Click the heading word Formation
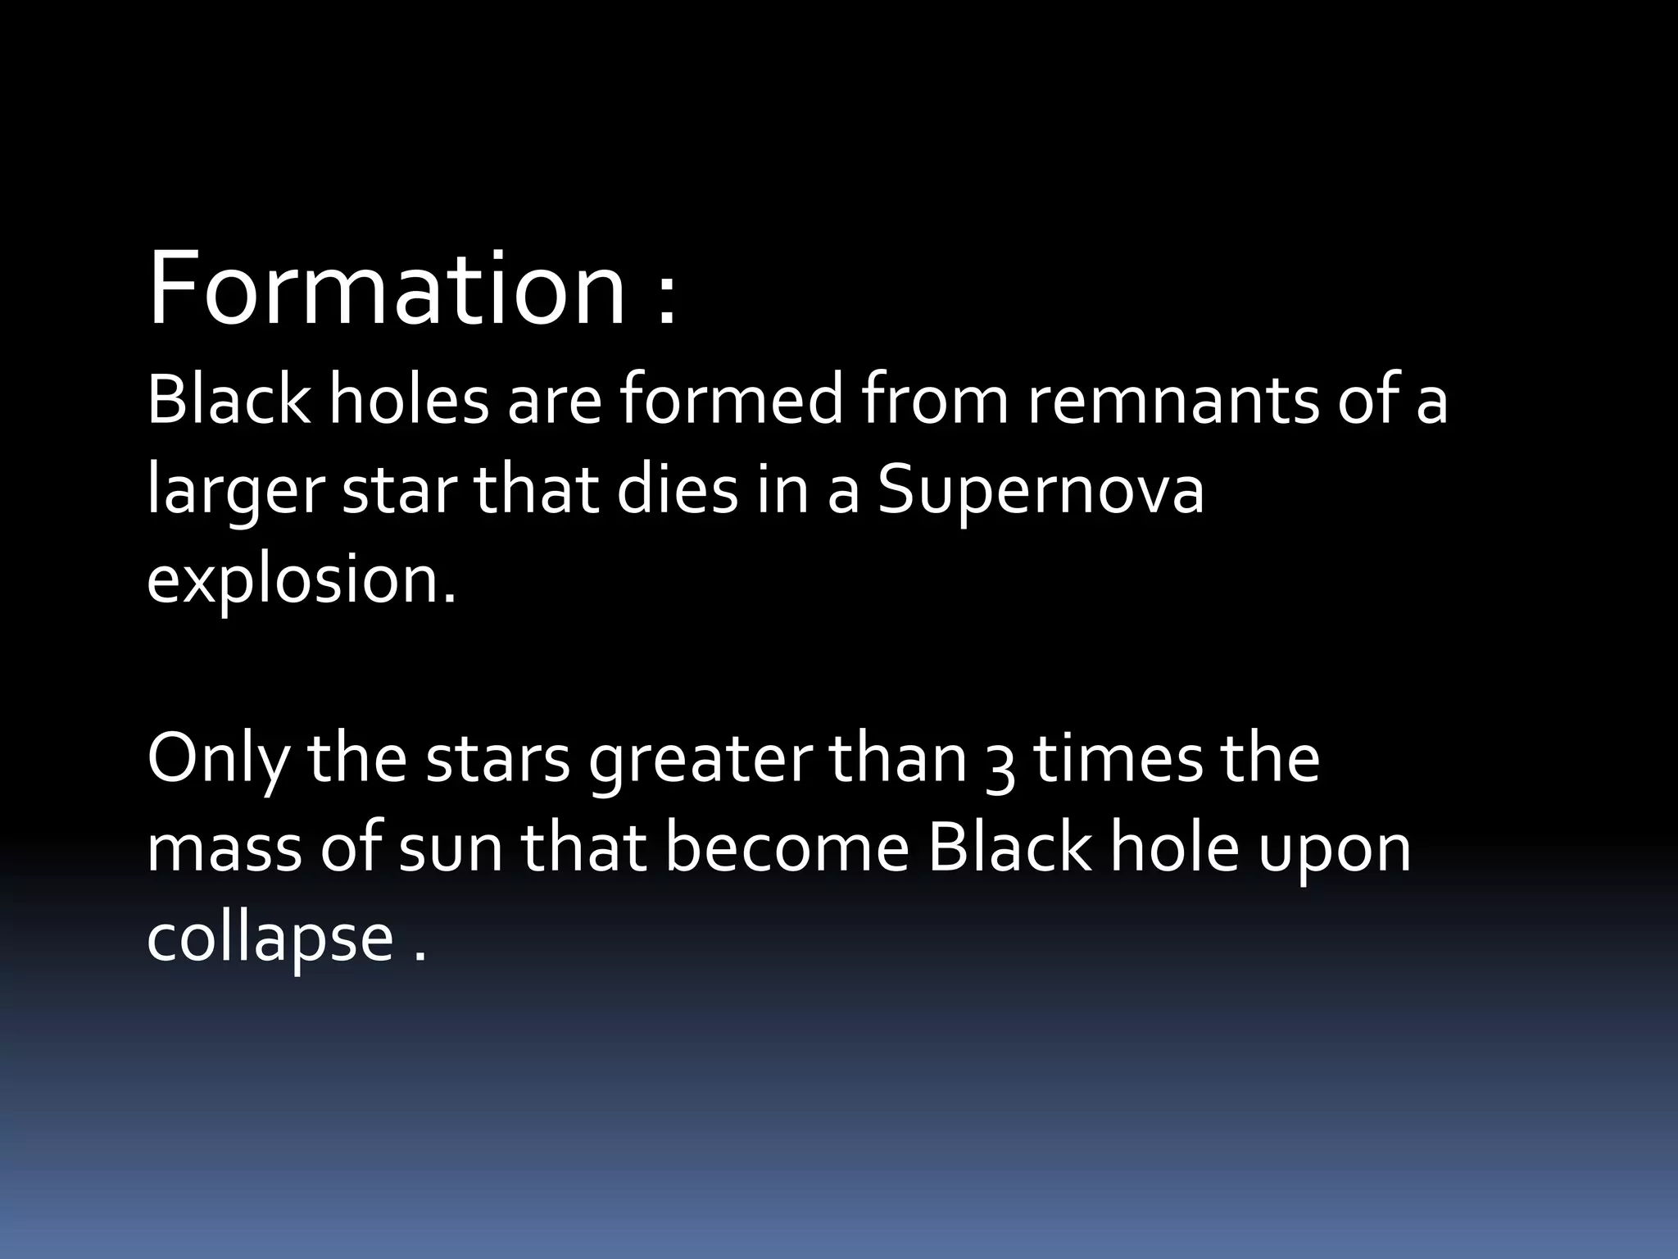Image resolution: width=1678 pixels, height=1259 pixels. (386, 290)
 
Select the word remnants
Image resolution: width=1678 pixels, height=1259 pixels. (1172, 401)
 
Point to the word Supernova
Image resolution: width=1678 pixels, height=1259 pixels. (1041, 492)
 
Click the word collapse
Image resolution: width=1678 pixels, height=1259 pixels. (270, 939)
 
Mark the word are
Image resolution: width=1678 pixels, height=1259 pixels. (554, 402)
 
